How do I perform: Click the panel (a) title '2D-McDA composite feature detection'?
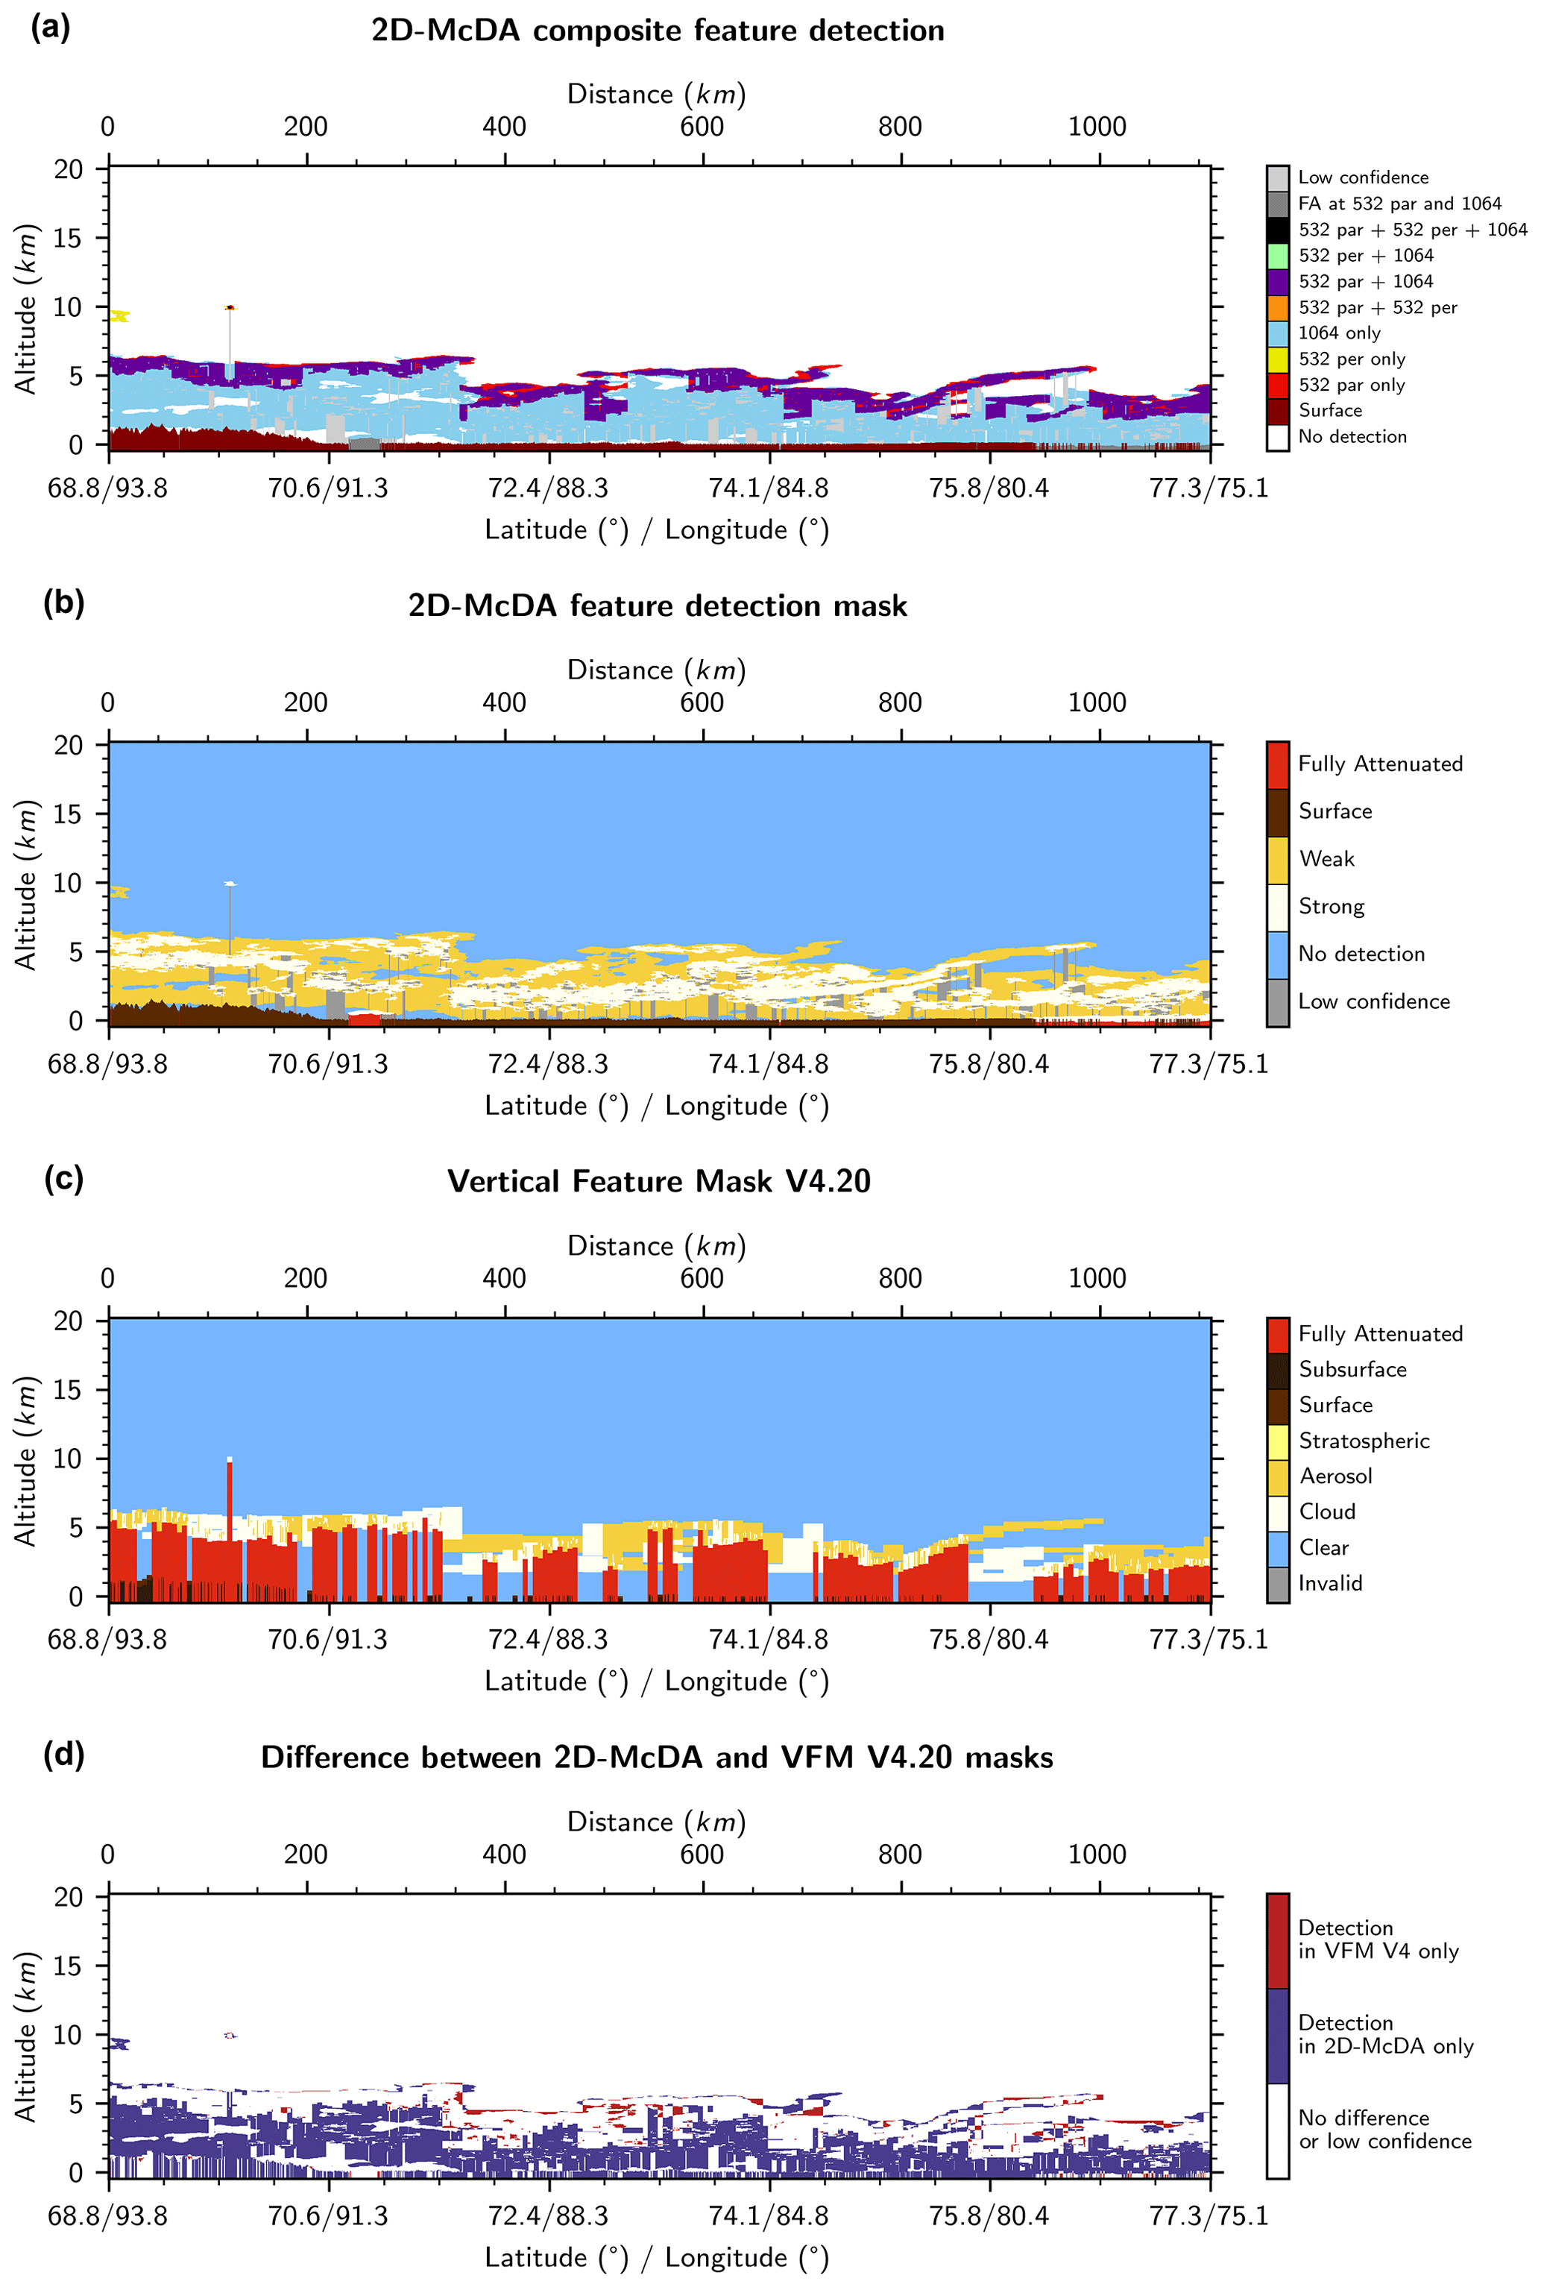click(658, 31)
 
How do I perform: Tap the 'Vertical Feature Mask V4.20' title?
click(658, 1181)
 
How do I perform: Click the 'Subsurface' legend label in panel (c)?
click(1352, 1369)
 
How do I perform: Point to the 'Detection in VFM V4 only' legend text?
click(1377, 1939)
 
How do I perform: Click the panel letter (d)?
click(63, 1755)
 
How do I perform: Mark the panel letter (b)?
click(63, 603)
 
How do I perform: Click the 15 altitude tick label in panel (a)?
click(69, 238)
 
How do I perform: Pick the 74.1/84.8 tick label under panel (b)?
click(769, 1064)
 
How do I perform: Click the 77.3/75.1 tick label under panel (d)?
click(1208, 2216)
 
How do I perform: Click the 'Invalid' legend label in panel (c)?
click(1330, 1583)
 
